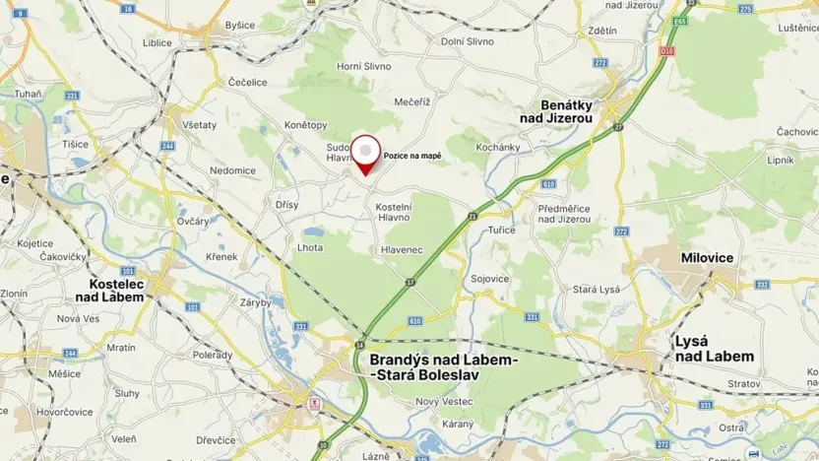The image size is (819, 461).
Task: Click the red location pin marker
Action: [366, 154]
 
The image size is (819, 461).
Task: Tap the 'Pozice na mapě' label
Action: [412, 156]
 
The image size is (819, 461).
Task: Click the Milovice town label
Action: [708, 257]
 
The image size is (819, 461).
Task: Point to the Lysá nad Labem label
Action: [714, 348]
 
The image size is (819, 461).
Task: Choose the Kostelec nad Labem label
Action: [110, 290]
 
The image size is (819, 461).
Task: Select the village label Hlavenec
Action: [402, 250]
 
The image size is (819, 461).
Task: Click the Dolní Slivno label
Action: [466, 41]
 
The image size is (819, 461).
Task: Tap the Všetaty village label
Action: [200, 125]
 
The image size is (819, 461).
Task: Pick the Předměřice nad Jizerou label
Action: [565, 214]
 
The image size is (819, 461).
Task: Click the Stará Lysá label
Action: [598, 290]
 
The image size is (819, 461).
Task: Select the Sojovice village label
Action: [490, 279]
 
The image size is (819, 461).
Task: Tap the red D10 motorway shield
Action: [668, 48]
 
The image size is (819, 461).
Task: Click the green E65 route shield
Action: [679, 19]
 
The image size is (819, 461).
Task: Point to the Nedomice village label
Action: [232, 170]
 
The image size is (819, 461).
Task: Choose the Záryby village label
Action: [255, 303]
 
